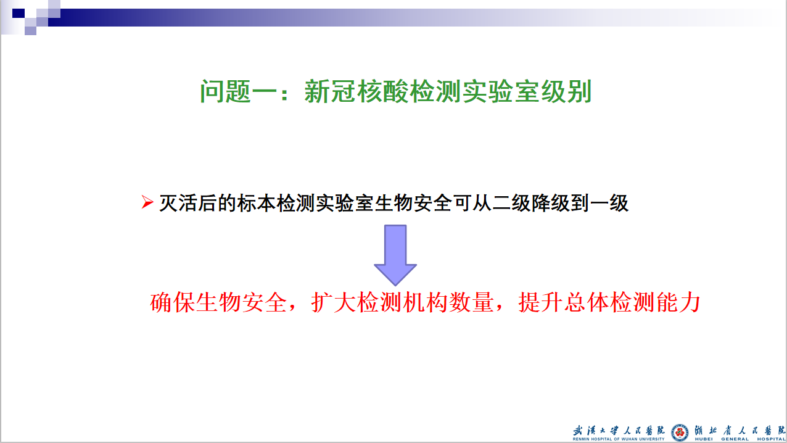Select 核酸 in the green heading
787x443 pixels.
click(382, 91)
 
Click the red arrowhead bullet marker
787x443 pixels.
click(147, 202)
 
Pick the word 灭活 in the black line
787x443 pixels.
click(178, 203)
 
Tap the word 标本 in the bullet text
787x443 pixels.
click(257, 203)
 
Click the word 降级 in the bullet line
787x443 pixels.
click(551, 203)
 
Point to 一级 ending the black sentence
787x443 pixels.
click(609, 203)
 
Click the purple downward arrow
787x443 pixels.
click(395, 255)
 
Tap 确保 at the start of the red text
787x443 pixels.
click(173, 302)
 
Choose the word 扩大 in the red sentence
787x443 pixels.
click(334, 302)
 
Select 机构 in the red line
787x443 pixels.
click(426, 302)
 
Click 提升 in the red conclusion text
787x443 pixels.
click(541, 302)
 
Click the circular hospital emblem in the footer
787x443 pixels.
click(680, 433)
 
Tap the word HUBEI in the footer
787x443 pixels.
click(704, 439)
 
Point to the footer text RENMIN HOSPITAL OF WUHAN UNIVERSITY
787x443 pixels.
click(619, 439)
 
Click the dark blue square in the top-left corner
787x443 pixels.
click(19, 14)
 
